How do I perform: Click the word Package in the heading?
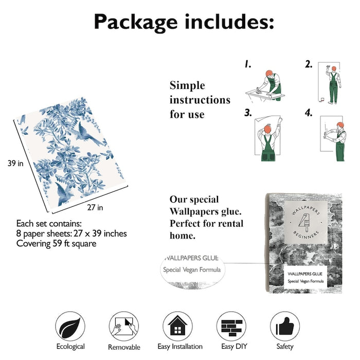tap(135, 22)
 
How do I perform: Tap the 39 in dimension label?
tap(15, 163)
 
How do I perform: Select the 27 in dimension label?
tap(95, 208)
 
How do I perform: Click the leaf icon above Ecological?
tap(70, 326)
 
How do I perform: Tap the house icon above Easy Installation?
tap(177, 326)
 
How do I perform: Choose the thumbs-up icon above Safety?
tap(285, 326)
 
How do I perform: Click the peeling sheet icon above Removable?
tap(124, 326)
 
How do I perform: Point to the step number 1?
tap(248, 64)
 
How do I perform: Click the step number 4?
tap(309, 113)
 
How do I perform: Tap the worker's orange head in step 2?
tap(334, 68)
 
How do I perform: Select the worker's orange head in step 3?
tap(267, 129)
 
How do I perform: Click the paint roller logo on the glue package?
tap(305, 222)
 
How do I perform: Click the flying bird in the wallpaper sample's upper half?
tap(88, 134)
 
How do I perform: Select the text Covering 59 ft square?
tap(56, 244)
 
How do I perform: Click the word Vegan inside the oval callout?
tap(190, 269)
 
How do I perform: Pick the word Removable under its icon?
tap(124, 347)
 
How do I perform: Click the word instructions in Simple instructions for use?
tap(200, 100)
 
